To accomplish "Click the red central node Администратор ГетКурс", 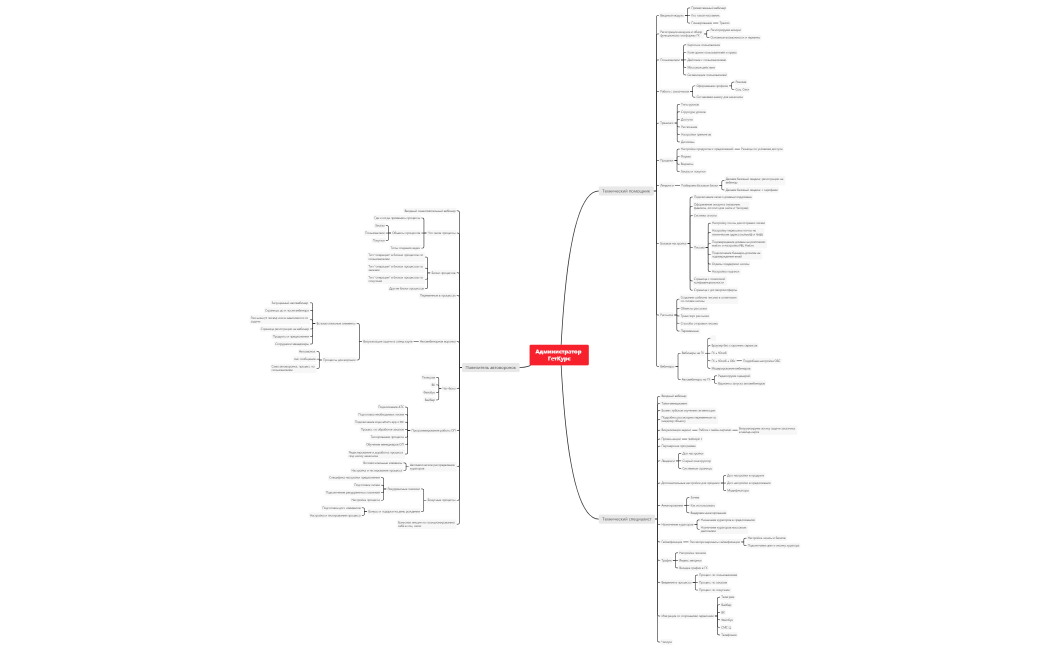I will coord(558,355).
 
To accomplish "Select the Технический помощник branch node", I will coord(626,191).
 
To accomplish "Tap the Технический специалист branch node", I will coord(626,519).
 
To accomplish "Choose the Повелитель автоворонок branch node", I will coord(490,367).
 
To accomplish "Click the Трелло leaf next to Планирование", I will coord(724,23).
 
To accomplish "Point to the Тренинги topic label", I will coord(666,123).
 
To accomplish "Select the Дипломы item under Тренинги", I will coord(687,142).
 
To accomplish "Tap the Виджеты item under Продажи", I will coord(687,164).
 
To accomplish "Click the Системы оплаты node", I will coord(705,215).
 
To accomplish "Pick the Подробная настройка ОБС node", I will coord(761,361).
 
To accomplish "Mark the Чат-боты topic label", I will coord(449,388).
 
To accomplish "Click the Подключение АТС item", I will coord(391,407).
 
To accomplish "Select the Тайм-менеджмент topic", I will coord(674,403).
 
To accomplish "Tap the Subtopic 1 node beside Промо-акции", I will coord(695,439).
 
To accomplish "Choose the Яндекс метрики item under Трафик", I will coord(690,560).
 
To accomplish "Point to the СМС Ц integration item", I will coord(726,627).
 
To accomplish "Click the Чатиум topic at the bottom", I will coord(666,642).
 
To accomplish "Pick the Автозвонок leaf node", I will coord(307,351).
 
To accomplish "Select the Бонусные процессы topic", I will coord(441,500).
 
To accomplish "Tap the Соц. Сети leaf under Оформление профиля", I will coord(742,89).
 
